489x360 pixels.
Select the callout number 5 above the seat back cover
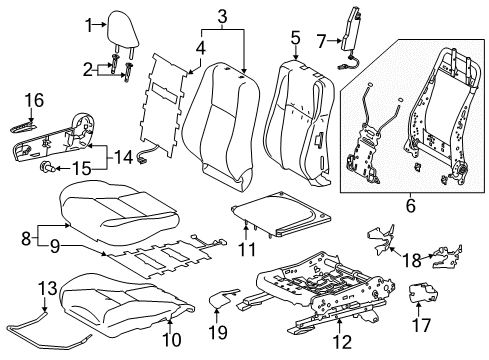[x=295, y=38]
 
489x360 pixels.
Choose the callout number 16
[x=35, y=100]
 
